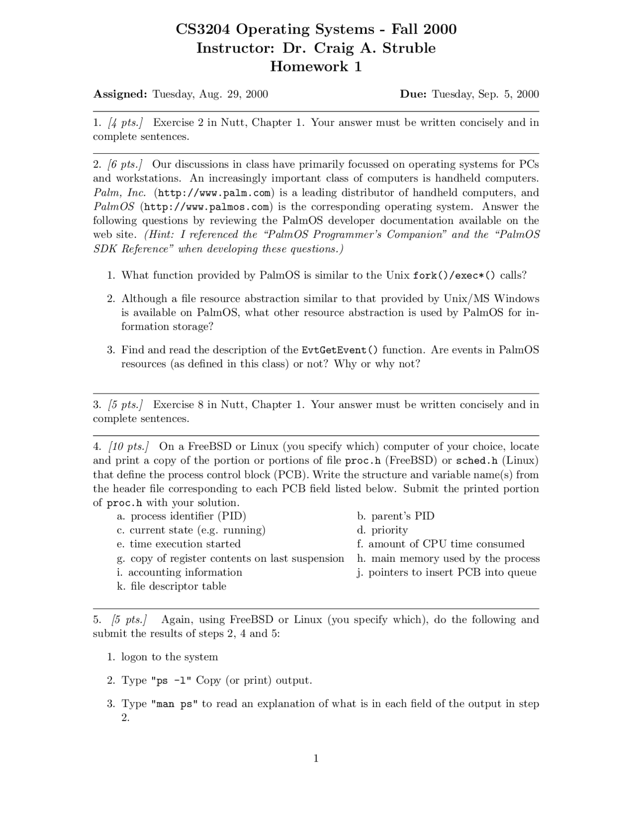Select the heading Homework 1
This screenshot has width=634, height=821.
click(316, 66)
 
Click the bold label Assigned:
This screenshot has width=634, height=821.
click(120, 94)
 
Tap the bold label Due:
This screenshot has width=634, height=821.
click(414, 94)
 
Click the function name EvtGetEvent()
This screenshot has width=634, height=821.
click(340, 351)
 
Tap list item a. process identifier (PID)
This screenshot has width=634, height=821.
click(182, 517)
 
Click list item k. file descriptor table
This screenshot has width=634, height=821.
click(172, 586)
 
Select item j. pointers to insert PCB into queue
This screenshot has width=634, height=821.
click(447, 573)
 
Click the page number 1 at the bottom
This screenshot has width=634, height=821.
click(316, 758)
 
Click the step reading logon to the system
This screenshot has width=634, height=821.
click(170, 657)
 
